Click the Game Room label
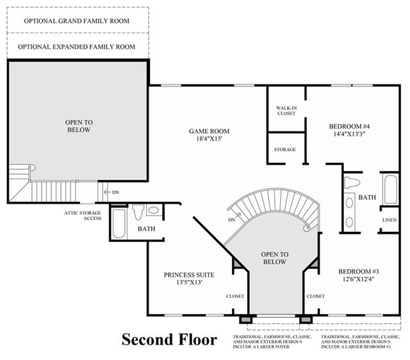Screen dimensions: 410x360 coord(209,131)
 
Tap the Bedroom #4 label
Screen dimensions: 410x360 coord(349,127)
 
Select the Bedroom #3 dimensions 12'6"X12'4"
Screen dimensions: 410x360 coord(359,279)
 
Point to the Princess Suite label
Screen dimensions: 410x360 coord(189,275)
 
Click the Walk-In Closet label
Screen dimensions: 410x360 coord(286,111)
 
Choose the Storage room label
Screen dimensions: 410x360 coord(285,149)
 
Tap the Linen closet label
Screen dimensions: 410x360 coord(389,220)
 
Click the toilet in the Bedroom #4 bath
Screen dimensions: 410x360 coord(352,183)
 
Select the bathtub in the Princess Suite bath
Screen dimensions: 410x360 coord(119,224)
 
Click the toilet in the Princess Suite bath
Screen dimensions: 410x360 coord(138,212)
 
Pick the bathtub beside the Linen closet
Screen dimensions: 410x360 coord(391,189)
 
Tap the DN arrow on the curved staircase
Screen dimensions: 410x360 coord(238,216)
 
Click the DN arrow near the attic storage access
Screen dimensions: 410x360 coord(107,192)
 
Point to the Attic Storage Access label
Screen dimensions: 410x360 coord(83,216)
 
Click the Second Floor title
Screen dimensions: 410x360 coord(169,340)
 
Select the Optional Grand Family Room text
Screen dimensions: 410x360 coord(77,21)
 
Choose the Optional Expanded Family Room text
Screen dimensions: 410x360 coord(77,47)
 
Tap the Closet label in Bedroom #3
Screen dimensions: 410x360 coord(316,296)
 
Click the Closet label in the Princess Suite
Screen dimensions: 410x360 coord(235,296)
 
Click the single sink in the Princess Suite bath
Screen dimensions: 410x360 coord(154,210)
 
